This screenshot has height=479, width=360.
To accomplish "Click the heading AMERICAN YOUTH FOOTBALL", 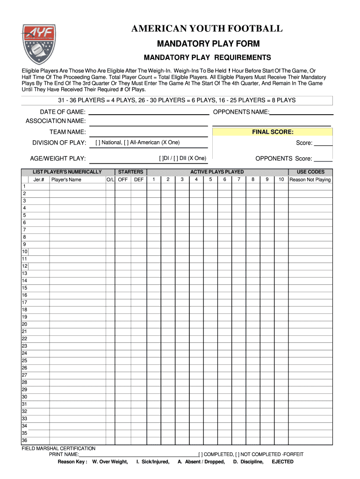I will (207, 29).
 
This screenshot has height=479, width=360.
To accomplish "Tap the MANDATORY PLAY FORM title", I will (208, 44).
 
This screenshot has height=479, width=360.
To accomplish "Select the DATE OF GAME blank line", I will (149, 112).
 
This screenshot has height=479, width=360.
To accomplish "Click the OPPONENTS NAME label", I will (241, 112).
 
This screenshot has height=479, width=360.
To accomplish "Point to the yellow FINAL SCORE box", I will (273, 132).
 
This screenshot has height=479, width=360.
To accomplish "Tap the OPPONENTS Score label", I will (283, 159).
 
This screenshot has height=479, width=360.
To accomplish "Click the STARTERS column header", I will (130, 172).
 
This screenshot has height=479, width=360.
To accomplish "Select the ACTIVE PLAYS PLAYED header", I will (216, 172).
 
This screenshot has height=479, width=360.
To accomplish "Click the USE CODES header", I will (310, 172).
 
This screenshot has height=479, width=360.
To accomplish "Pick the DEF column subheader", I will (139, 180).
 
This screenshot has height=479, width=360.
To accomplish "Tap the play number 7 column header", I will (239, 180).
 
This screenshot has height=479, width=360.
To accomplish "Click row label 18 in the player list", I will (24, 310).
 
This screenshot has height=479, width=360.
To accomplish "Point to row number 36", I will (24, 440).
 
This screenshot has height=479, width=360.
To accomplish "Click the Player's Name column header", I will (66, 180).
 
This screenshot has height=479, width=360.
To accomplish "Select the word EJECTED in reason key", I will (282, 462).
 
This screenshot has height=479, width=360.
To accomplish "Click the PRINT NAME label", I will (64, 454).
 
